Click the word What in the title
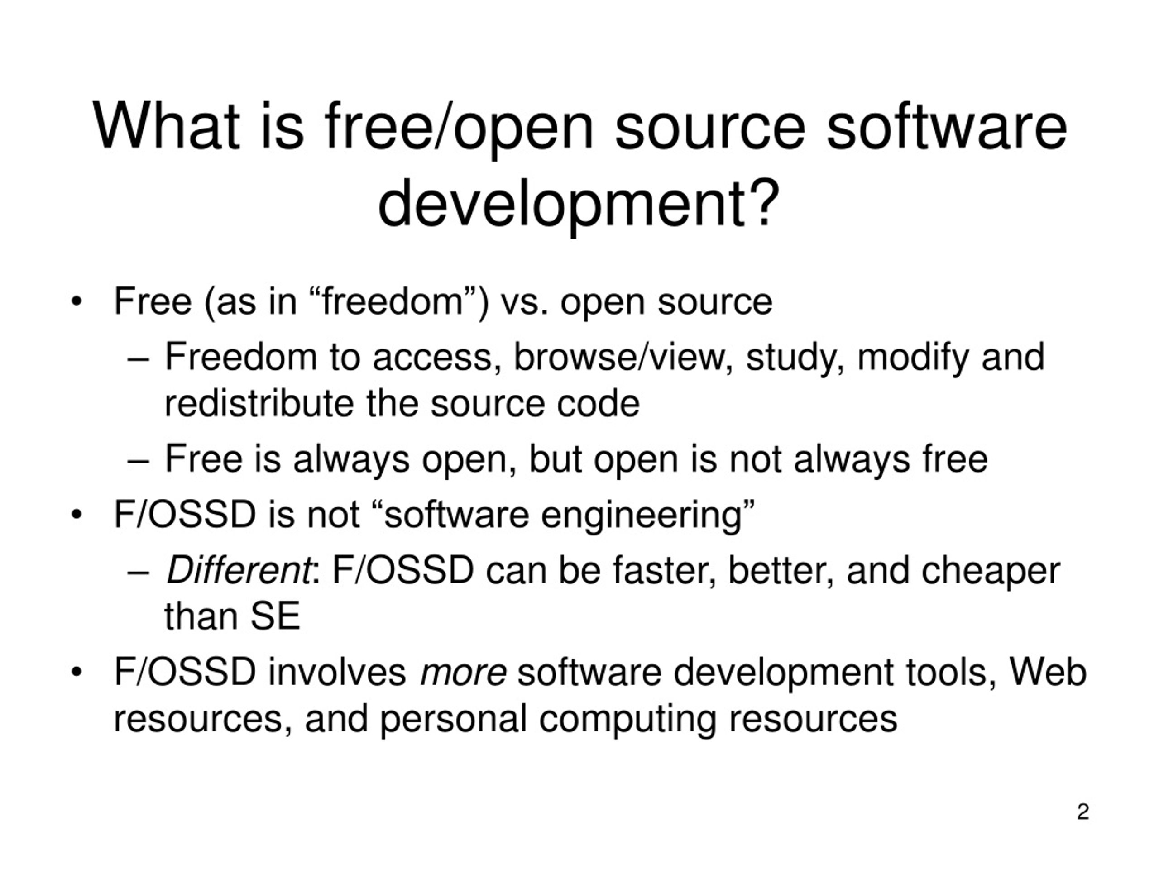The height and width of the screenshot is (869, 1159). point(166,127)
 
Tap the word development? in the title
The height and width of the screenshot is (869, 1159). point(578,204)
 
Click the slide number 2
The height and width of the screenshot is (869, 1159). point(1083,812)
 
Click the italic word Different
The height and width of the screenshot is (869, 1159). point(239,570)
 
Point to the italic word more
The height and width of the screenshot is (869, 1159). point(463,672)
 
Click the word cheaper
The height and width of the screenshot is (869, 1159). point(990,571)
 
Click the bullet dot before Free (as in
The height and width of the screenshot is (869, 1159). point(77,302)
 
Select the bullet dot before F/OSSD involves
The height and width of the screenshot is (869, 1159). point(77,673)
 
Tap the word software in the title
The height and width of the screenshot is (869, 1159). point(947,127)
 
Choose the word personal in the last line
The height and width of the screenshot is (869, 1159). point(453,719)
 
